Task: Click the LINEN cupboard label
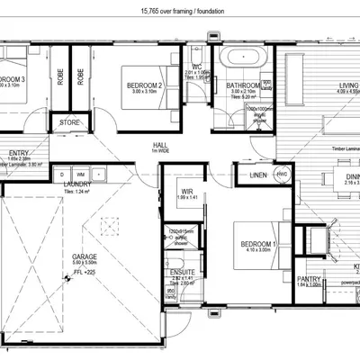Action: (257, 174)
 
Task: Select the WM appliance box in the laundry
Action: (80, 173)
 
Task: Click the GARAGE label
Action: (85, 256)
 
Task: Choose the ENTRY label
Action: (17, 153)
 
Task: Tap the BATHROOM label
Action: (244, 85)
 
